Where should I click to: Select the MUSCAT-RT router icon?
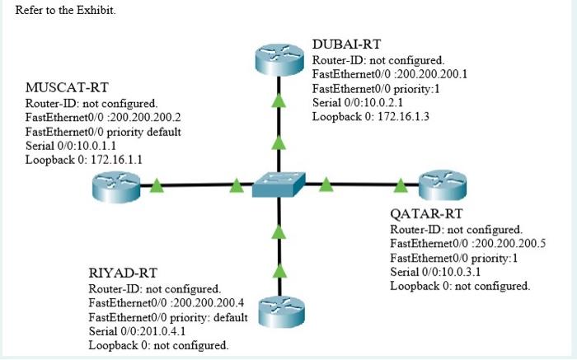116,187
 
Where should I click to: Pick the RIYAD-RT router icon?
281,311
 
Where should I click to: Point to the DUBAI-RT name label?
346,44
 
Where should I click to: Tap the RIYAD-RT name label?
123,273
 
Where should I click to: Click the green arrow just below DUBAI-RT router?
279,101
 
